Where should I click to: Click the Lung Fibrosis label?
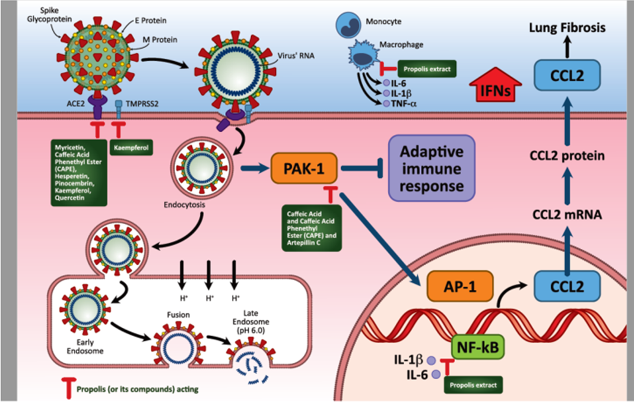pos(567,27)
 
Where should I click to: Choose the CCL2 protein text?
pos(567,157)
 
